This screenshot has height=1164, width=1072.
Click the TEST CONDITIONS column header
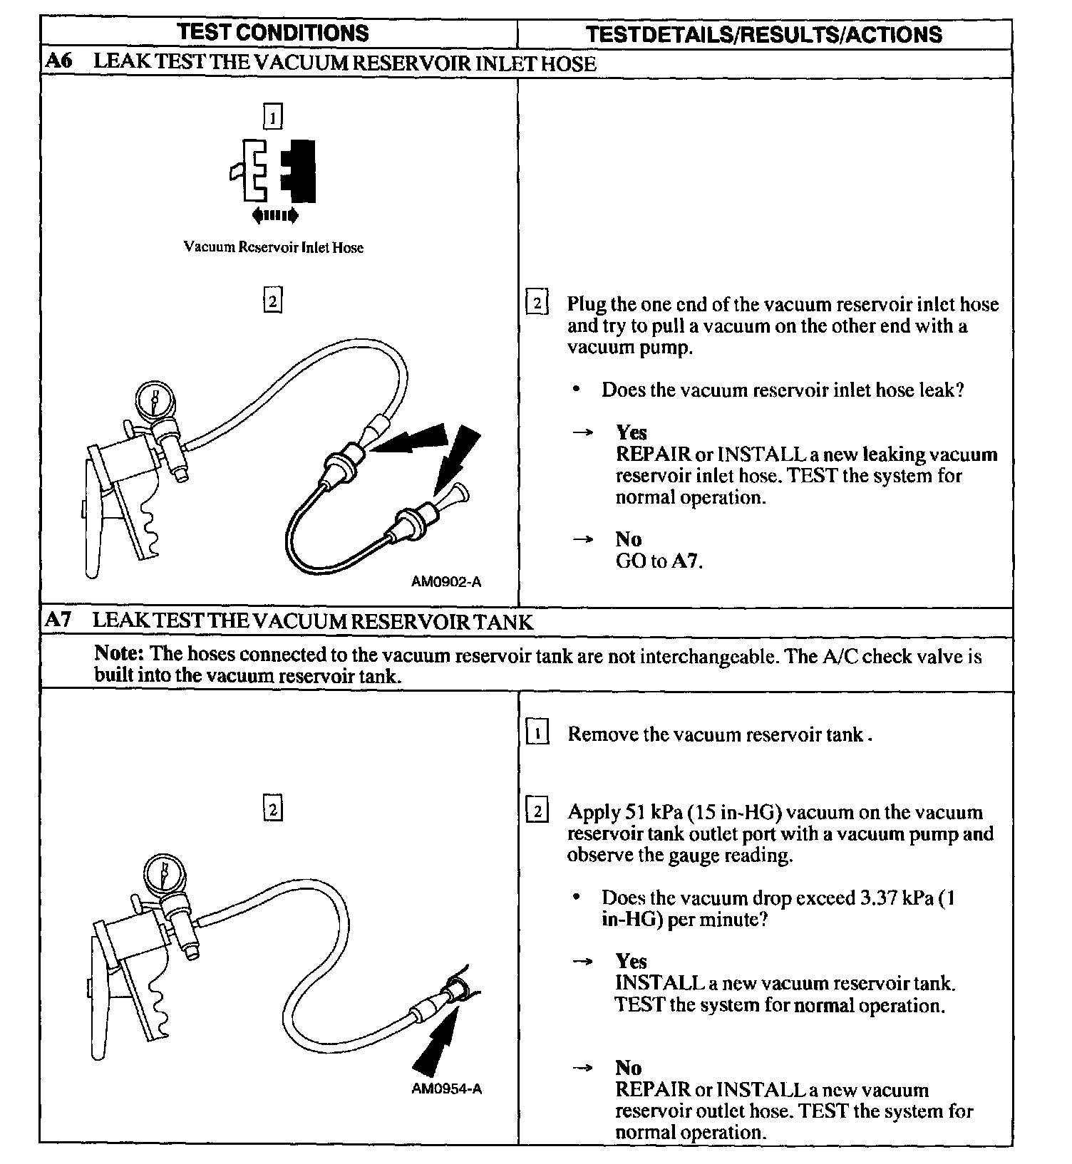273,33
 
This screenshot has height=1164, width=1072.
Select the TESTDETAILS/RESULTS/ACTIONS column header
763,34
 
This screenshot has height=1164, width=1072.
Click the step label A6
58,62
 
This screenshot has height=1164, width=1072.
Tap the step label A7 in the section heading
58,620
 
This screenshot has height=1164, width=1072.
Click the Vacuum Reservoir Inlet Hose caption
274,247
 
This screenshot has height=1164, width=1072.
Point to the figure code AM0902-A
446,582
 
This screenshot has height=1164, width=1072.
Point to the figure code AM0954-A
446,1089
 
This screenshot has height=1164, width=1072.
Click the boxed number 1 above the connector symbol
273,116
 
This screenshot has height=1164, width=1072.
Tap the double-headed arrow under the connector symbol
275,215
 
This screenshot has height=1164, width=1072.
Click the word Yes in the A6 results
632,432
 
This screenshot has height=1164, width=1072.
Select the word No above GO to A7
628,539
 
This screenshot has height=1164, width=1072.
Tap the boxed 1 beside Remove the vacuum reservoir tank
537,733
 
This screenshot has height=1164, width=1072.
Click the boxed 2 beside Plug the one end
537,303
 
